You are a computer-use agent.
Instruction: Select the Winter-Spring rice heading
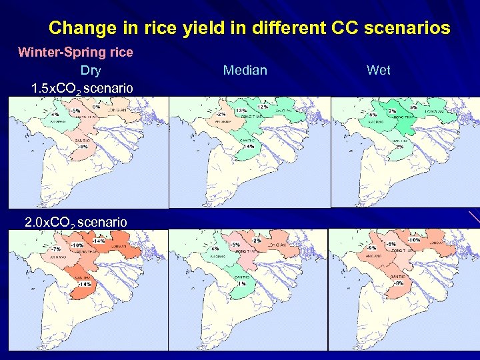coord(75,52)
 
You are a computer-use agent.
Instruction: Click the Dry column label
coord(91,70)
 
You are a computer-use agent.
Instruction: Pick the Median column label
coord(245,70)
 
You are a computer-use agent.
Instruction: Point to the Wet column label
coord(379,70)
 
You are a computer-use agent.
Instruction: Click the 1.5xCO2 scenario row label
coord(82,88)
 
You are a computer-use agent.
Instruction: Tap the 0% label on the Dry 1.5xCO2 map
coord(97,107)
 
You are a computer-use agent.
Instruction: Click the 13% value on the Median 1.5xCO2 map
coord(241,110)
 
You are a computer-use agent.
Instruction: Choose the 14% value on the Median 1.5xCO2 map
coord(249,146)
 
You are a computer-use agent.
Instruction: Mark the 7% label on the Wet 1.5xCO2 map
coord(393,111)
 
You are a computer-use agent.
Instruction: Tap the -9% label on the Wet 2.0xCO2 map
coord(371,247)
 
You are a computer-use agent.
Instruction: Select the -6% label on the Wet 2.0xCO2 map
coord(391,244)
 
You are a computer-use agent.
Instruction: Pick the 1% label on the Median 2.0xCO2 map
coord(241,283)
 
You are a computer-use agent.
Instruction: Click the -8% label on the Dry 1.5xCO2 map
coord(83,147)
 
